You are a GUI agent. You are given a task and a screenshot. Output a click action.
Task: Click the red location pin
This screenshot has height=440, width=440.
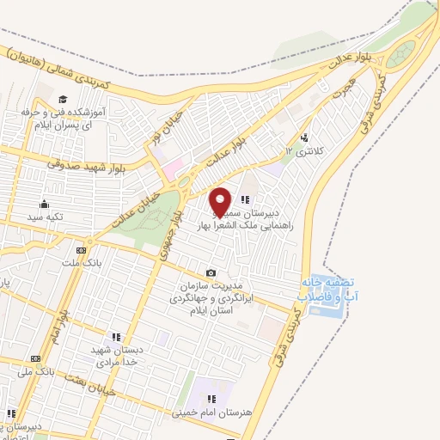221,201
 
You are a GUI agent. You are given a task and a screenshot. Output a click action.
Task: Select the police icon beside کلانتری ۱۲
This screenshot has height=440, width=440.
305,137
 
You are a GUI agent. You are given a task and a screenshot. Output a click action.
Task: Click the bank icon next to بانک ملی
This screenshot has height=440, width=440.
35,358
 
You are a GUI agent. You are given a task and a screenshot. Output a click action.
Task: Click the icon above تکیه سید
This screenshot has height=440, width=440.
44,205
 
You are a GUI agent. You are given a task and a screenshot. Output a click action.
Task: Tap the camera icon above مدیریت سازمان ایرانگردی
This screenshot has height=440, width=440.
211,272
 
